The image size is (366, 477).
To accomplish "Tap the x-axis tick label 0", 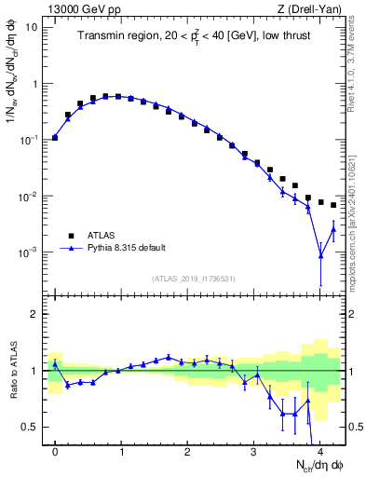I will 55,451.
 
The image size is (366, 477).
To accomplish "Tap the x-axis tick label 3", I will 253,451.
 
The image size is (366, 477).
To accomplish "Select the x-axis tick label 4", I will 319,451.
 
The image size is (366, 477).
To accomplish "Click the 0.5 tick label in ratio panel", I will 32,427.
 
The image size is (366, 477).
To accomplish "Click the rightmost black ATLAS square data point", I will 333,205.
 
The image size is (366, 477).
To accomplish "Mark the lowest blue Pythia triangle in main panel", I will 320,256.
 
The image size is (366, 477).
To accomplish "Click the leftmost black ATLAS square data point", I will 55,137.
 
